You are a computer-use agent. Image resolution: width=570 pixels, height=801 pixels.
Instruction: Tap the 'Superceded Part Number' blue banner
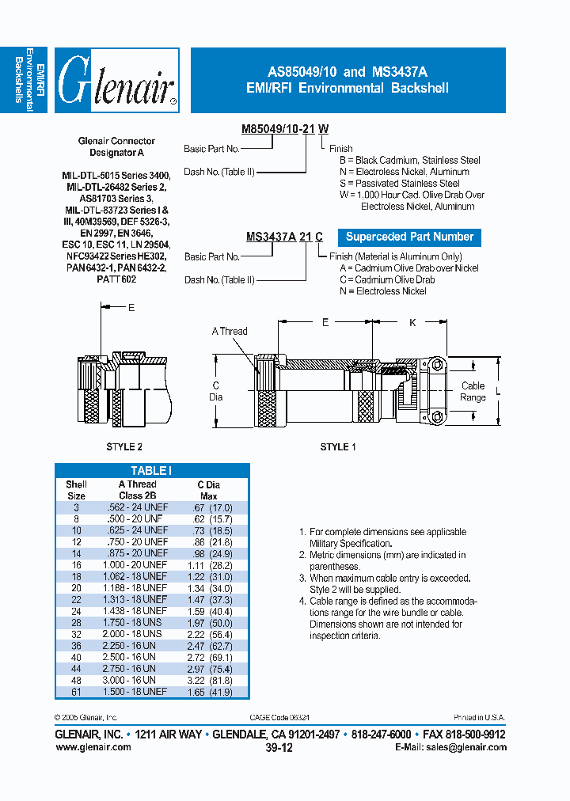point(409,237)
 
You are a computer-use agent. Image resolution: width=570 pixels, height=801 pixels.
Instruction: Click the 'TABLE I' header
point(151,470)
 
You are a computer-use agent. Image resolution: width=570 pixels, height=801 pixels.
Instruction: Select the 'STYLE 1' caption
point(338,447)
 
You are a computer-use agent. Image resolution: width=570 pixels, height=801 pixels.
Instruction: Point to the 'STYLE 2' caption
point(124,447)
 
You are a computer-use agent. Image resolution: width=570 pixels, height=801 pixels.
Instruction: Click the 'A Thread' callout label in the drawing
point(230,332)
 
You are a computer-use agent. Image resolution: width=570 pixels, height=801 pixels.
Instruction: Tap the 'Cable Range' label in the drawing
point(473,392)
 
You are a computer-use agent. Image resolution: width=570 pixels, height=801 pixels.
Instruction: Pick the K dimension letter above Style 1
point(412,323)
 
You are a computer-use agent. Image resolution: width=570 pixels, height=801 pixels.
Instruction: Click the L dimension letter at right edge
point(498,392)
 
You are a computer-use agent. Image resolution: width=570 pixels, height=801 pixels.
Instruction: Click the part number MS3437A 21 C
point(284,237)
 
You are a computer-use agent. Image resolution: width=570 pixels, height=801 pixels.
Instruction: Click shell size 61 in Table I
point(77,692)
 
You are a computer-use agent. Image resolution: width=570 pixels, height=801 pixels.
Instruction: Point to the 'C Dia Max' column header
point(209,490)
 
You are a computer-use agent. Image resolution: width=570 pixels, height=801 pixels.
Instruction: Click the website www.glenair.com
point(93,746)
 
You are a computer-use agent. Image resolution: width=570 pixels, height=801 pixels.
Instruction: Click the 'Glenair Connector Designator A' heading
point(116,146)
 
